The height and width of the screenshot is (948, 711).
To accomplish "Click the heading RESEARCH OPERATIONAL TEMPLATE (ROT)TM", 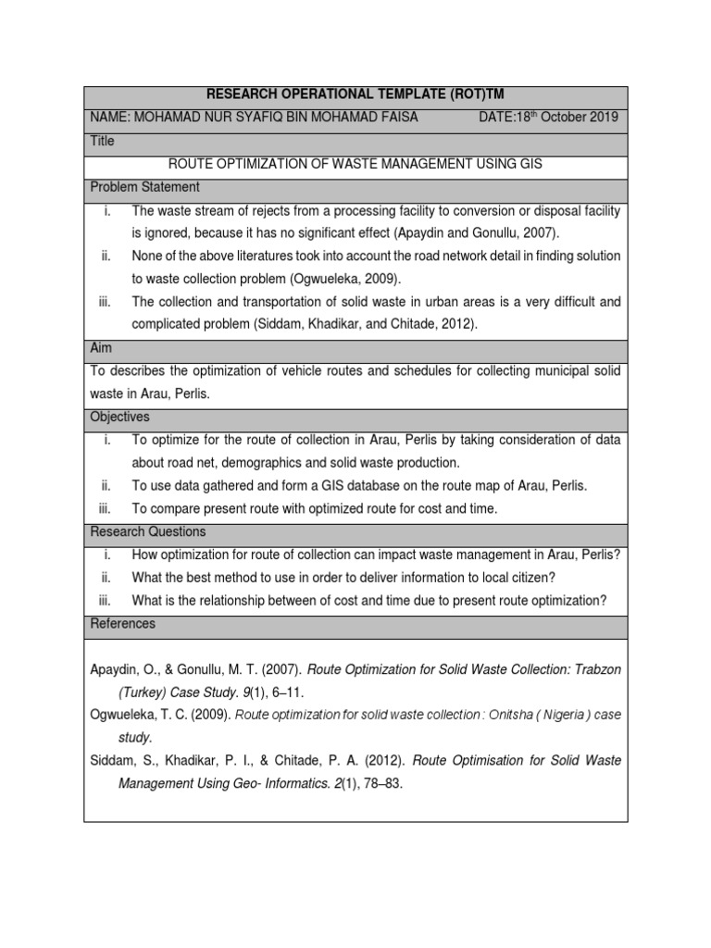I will tap(355, 95).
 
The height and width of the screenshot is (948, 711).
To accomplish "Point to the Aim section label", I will tap(101, 347).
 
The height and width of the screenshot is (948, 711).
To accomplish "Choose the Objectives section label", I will tap(119, 417).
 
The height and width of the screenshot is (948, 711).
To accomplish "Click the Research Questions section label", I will tap(148, 531).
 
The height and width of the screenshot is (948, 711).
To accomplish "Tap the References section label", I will tap(122, 624).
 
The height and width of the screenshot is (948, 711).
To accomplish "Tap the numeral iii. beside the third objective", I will tap(106, 508).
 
